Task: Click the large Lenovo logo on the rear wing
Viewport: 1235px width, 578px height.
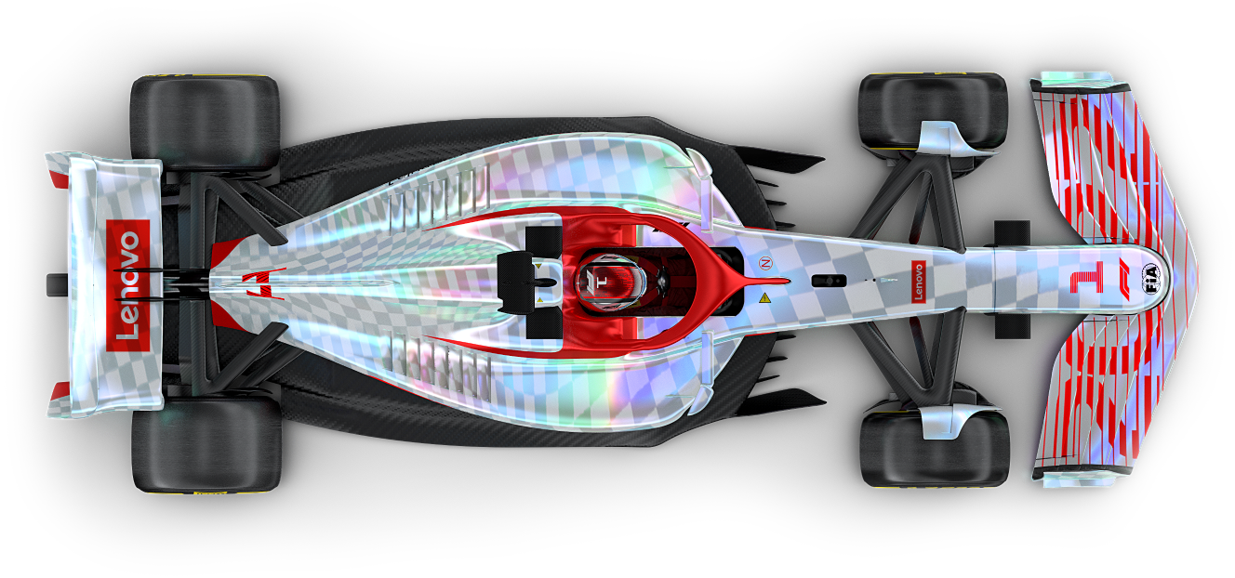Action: tap(128, 285)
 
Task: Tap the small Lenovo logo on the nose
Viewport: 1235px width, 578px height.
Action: tap(919, 282)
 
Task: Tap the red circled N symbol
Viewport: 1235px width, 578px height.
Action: tap(765, 263)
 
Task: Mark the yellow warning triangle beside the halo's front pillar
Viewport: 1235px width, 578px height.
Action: tap(764, 298)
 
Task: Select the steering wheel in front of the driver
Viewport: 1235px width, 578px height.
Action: tap(657, 280)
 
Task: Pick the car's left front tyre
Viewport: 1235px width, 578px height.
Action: tap(932, 112)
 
